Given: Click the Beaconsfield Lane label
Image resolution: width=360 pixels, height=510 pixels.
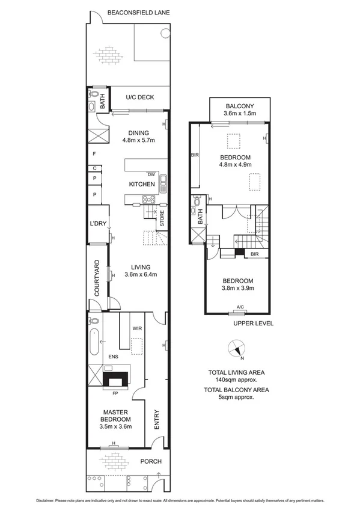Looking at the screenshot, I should coord(138,11).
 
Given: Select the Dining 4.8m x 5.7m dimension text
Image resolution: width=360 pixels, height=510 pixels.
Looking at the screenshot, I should coord(139,140).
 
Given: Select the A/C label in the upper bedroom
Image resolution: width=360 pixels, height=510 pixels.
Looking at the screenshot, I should coord(240,307).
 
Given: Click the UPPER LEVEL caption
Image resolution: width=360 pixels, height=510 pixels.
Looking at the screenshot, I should coord(253,323).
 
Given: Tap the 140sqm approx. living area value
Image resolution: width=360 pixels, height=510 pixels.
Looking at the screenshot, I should coord(236,380).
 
